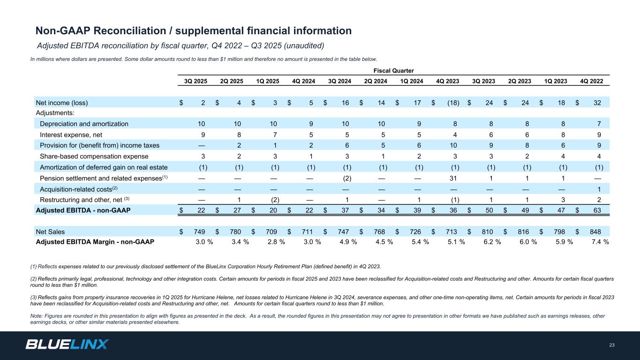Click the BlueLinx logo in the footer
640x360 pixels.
pyautogui.click(x=67, y=345)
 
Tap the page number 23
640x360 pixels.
pyautogui.click(x=611, y=345)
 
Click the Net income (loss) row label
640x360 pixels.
pyautogui.click(x=62, y=102)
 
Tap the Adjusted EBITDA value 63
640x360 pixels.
pyautogui.click(x=597, y=210)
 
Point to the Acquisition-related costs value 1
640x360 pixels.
pyautogui.click(x=599, y=188)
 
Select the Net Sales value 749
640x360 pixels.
pyautogui.click(x=200, y=232)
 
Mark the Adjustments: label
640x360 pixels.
pyautogui.click(x=55, y=113)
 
